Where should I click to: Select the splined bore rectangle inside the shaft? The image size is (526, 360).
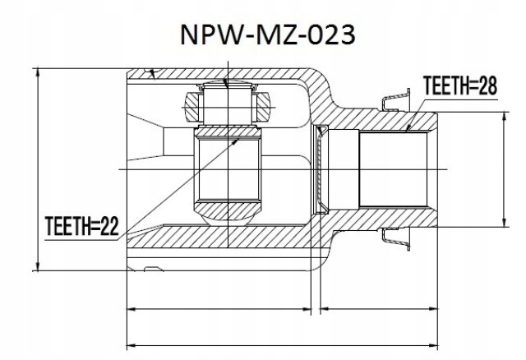[x=393, y=170]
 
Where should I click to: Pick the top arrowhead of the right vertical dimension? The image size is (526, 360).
[x=504, y=115]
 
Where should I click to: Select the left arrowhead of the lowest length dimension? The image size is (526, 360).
[x=129, y=344]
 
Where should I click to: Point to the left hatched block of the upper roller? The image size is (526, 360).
[x=191, y=104]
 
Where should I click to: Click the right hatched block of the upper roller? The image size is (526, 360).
[x=265, y=104]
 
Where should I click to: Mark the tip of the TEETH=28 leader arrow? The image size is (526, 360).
[x=408, y=129]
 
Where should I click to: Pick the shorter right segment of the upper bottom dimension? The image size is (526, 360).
[x=377, y=310]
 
